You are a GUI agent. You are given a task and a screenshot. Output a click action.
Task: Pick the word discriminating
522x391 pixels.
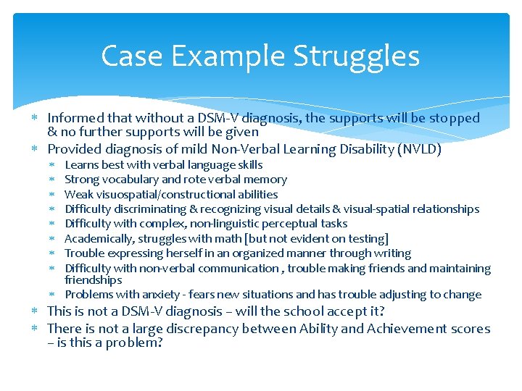[149, 209]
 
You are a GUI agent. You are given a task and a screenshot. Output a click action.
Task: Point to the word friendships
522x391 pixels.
[93, 280]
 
